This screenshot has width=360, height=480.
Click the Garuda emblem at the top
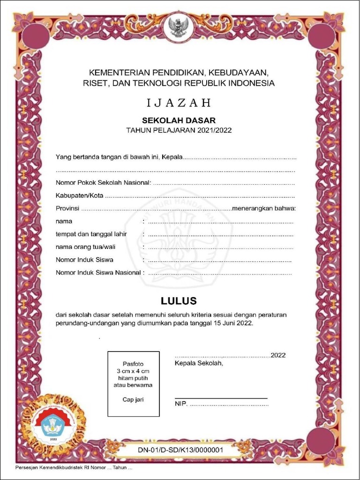pos(180,27)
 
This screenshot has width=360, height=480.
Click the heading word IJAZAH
pos(179,103)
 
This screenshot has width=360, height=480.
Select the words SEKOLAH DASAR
pos(179,120)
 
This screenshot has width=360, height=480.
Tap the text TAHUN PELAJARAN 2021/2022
pos(179,130)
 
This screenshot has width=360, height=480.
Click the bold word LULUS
pos(179,300)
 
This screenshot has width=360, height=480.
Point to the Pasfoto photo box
pos(133,383)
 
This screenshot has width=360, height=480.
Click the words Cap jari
pos(133,399)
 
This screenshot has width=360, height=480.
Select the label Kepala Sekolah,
pos(199,363)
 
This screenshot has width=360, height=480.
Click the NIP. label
pos(181,404)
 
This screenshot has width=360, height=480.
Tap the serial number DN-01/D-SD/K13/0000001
pos(180,450)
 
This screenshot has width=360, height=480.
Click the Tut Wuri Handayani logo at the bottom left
pos(53,426)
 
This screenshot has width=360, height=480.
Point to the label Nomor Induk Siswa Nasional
pos(98,272)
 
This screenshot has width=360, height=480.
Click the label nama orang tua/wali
pos(85,247)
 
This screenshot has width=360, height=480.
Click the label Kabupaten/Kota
pos(79,195)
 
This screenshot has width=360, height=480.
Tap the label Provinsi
pos(67,208)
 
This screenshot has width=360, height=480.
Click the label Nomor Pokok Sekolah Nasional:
pos(103,182)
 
